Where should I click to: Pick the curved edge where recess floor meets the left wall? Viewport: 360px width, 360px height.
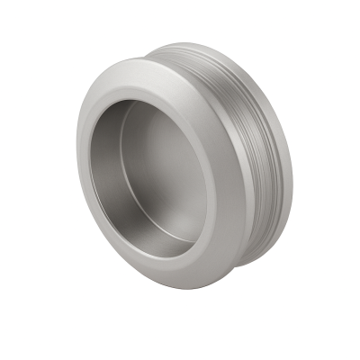tap(126, 180)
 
